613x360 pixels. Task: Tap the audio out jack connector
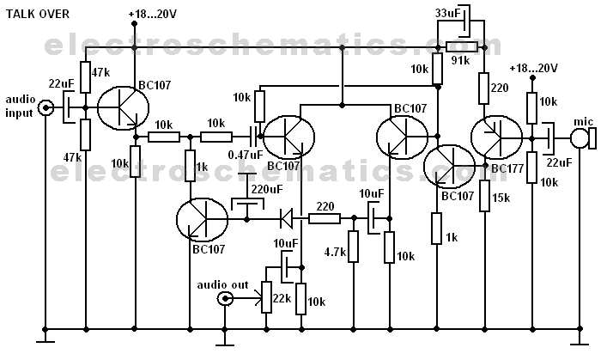[x=226, y=298]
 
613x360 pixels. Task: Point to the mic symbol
[x=585, y=137]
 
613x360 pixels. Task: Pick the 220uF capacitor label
[x=266, y=188]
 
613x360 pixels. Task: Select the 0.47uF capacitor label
[x=245, y=155]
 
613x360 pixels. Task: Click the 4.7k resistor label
[x=335, y=253]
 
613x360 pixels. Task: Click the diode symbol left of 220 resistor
[x=287, y=218]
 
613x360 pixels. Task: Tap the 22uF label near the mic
[x=559, y=163]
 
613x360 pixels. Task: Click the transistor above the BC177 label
[x=495, y=136]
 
